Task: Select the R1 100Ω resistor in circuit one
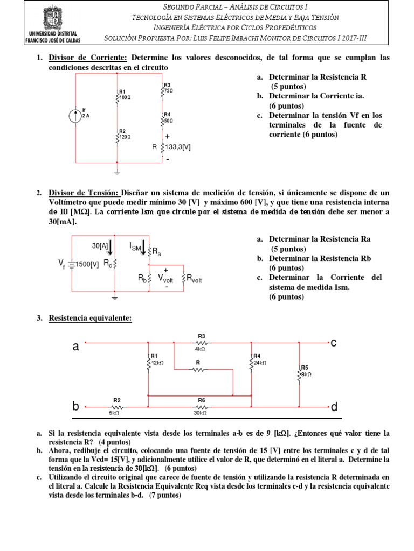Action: (118, 96)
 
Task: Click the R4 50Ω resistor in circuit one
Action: (162, 119)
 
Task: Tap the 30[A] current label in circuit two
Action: (101, 245)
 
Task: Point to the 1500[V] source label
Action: (86, 264)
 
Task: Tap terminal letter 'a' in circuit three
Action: (75, 348)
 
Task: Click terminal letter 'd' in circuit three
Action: (334, 407)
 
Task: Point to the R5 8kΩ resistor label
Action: (305, 370)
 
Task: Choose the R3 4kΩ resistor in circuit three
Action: (201, 342)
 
